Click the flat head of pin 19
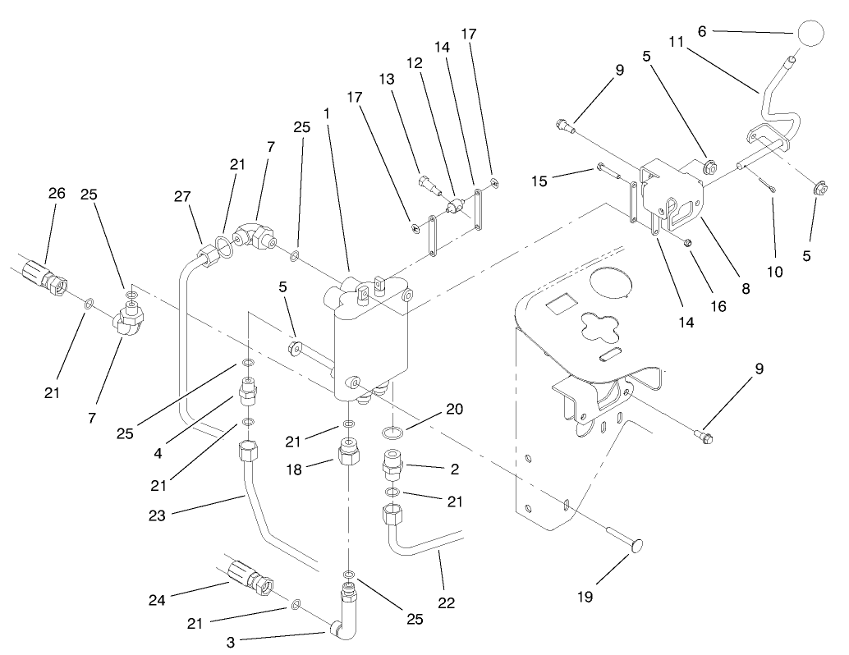coord(636,546)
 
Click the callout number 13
coord(387,79)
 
